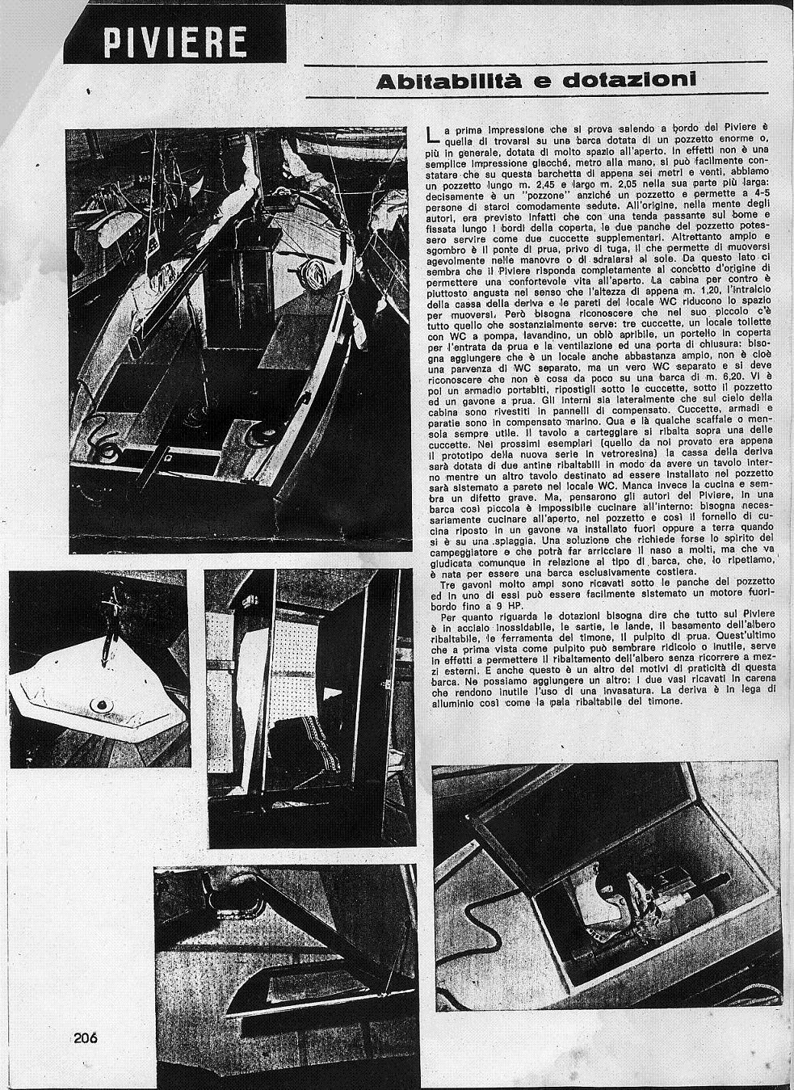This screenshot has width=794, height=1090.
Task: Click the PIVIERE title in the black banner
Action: coord(173,42)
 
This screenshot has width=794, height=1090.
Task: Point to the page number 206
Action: coord(84,1038)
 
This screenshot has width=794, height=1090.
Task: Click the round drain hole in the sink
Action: coord(100,705)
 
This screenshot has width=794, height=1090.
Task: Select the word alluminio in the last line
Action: coord(453,701)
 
